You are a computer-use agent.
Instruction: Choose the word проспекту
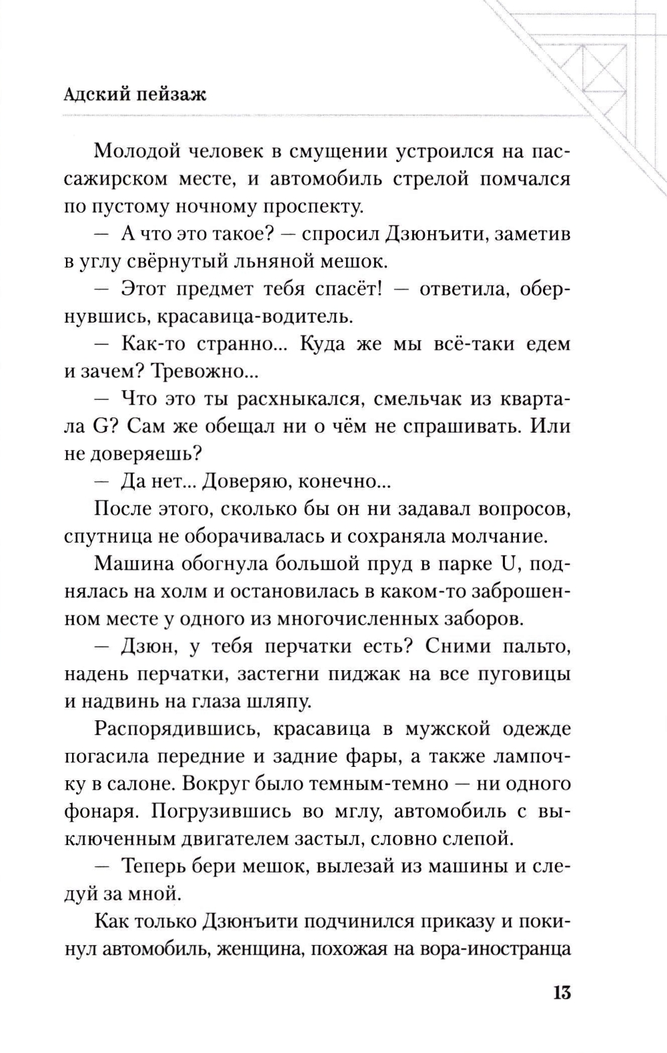click(x=313, y=207)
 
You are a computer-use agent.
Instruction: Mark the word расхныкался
click(x=291, y=399)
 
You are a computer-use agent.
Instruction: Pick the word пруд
click(x=377, y=565)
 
